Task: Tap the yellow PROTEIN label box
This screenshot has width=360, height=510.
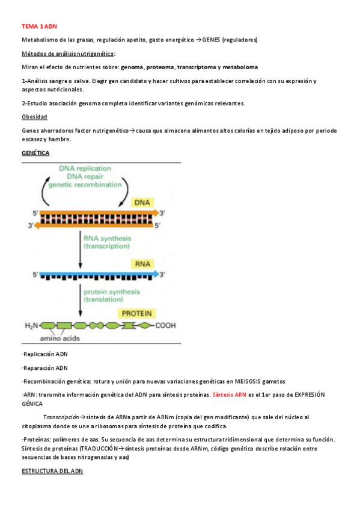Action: pos(137,313)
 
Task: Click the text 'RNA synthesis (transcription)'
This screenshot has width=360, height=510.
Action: pos(107,242)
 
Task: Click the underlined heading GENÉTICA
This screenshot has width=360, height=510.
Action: pos(35,153)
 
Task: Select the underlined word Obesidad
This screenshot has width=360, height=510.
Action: pos(34,117)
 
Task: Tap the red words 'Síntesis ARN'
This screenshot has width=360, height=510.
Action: pos(230,395)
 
